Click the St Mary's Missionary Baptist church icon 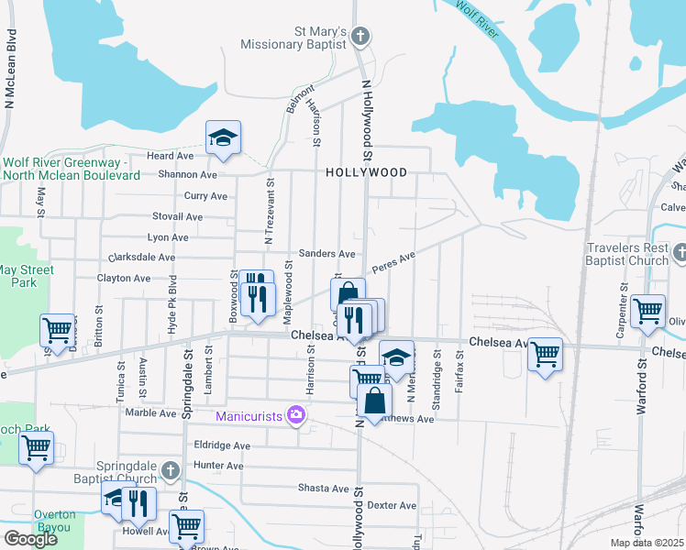[x=360, y=37]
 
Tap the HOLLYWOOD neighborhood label [x=366, y=172]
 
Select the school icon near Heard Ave [x=222, y=137]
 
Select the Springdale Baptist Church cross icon [x=169, y=470]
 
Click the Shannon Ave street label [x=187, y=174]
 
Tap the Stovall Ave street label [x=179, y=216]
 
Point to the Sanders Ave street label [x=327, y=254]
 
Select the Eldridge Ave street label [x=222, y=445]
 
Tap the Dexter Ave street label [x=392, y=505]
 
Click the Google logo [x=30, y=539]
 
